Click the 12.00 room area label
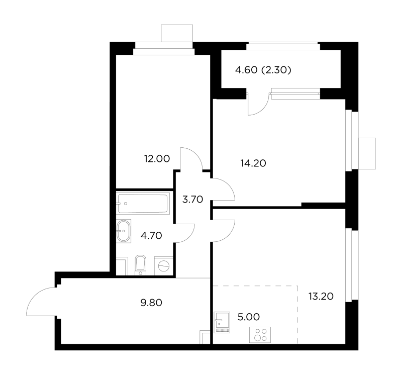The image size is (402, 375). [157, 159]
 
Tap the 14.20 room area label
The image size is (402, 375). [253, 163]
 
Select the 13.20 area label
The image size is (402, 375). [321, 297]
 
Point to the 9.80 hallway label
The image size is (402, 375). [151, 303]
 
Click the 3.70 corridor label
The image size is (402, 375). [193, 199]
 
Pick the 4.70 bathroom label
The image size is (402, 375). [151, 235]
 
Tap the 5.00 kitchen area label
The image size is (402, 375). [249, 317]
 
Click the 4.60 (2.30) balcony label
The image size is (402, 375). [263, 70]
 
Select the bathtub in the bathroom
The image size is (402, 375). [143, 203]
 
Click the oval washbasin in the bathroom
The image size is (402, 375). [124, 231]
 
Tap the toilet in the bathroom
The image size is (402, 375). [140, 265]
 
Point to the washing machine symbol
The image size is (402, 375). [164, 266]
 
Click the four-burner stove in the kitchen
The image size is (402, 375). [260, 335]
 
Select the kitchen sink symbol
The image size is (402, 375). [222, 322]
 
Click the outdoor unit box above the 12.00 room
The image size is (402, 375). [177, 33]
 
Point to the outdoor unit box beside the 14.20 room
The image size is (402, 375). [367, 153]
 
